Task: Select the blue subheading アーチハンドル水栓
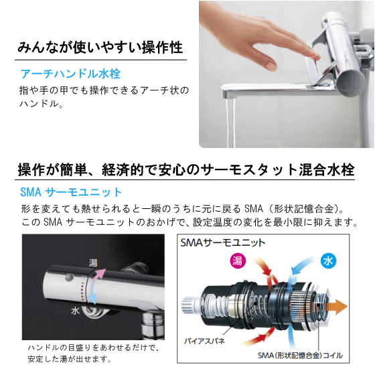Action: point(70,74)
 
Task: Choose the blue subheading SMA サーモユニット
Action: point(71,192)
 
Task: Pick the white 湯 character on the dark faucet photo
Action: point(92,262)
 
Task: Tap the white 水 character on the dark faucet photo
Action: point(76,310)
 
